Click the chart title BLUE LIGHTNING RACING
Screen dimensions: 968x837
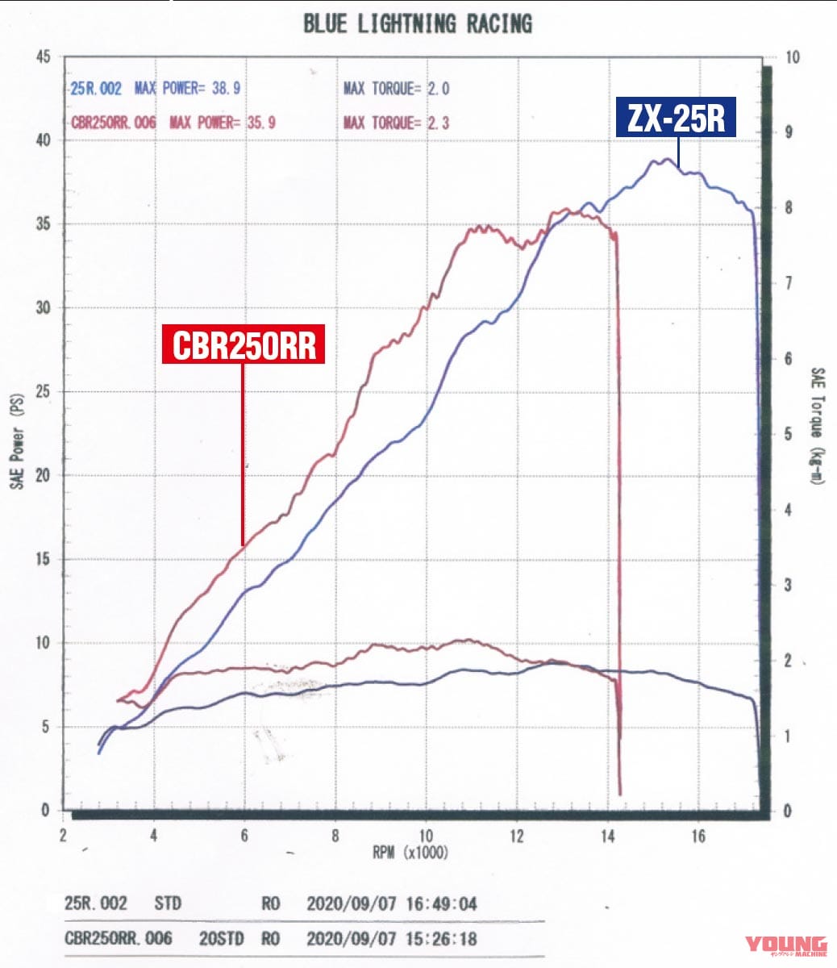coord(418,24)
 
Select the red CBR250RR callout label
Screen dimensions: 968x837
coord(244,344)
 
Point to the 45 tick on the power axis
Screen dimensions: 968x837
coord(44,57)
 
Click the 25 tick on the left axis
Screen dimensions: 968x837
coord(44,392)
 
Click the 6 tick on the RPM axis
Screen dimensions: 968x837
coord(244,836)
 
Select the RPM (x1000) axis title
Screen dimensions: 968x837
coord(410,853)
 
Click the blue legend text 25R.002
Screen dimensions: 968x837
coord(96,89)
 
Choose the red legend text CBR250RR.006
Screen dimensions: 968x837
coord(114,123)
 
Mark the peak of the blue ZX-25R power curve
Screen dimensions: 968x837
coord(666,160)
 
